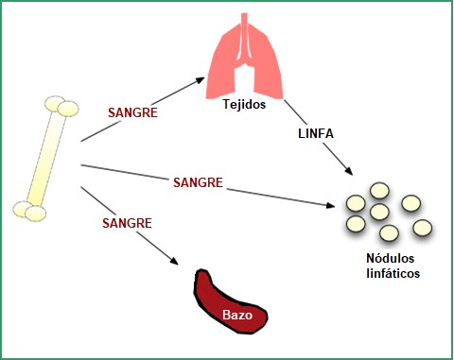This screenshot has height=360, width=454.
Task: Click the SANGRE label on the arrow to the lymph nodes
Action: coord(198,180)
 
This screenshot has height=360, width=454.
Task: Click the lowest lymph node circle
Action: coord(389,232)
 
